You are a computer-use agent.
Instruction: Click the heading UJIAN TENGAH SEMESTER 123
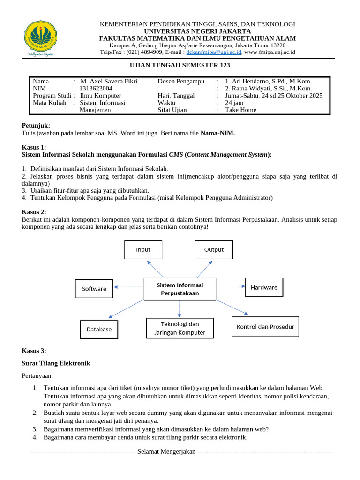click(x=180, y=65)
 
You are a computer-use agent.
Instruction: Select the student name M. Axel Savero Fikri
click(x=109, y=81)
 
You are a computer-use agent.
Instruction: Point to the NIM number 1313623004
click(x=96, y=88)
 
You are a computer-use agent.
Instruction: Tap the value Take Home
click(x=241, y=110)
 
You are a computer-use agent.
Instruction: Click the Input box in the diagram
click(x=143, y=249)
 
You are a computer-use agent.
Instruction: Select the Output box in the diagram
click(x=214, y=249)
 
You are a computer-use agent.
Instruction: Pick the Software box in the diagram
click(x=94, y=288)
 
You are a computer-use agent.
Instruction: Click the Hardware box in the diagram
click(x=264, y=287)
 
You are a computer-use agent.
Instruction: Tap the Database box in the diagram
click(x=99, y=329)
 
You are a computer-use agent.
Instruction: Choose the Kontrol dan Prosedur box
click(x=265, y=326)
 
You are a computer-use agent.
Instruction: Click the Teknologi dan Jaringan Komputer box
click(x=180, y=328)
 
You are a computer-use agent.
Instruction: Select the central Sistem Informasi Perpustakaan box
click(x=180, y=289)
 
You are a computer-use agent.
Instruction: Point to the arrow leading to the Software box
click(x=128, y=287)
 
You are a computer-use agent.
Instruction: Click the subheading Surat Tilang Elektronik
click(x=56, y=363)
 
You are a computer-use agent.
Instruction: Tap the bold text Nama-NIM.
click(x=217, y=133)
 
